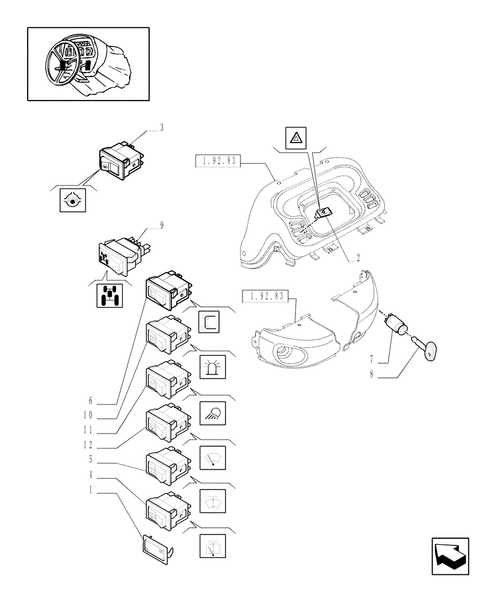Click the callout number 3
click(161, 128)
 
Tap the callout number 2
click(358, 257)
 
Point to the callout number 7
click(372, 359)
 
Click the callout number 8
click(372, 377)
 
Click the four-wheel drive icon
click(109, 296)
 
